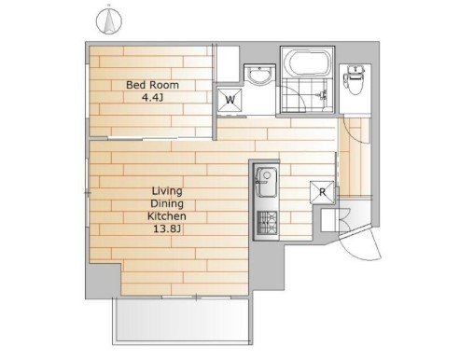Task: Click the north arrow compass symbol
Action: coord(109,21)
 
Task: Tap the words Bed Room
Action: coord(152,85)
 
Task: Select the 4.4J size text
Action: coord(152,98)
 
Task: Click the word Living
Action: coord(167,191)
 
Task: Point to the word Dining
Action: coord(167,204)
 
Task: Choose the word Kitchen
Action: coord(167,216)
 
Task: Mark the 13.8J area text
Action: coord(167,229)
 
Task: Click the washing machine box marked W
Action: coord(230,100)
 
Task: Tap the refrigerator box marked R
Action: coord(323,192)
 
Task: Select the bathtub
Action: coord(308,63)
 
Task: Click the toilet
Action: coord(355,79)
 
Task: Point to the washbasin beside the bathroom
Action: coord(259,75)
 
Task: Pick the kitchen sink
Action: coord(267,182)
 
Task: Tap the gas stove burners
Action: coord(267,222)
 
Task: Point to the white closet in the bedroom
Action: coord(227,64)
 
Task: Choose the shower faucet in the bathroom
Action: coord(322,94)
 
